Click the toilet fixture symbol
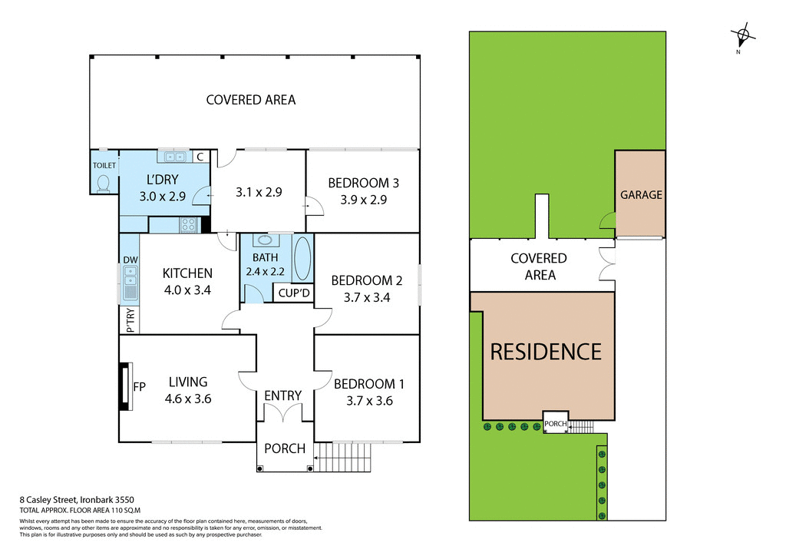(104, 182)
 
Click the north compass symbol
(743, 35)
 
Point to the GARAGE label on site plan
(641, 195)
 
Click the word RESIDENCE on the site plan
(546, 352)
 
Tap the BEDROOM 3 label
(363, 183)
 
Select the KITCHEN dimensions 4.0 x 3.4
(187, 290)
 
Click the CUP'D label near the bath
(294, 293)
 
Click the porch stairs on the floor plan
(342, 458)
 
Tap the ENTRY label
(283, 395)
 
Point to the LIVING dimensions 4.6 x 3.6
(187, 399)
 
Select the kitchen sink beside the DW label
(130, 283)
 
